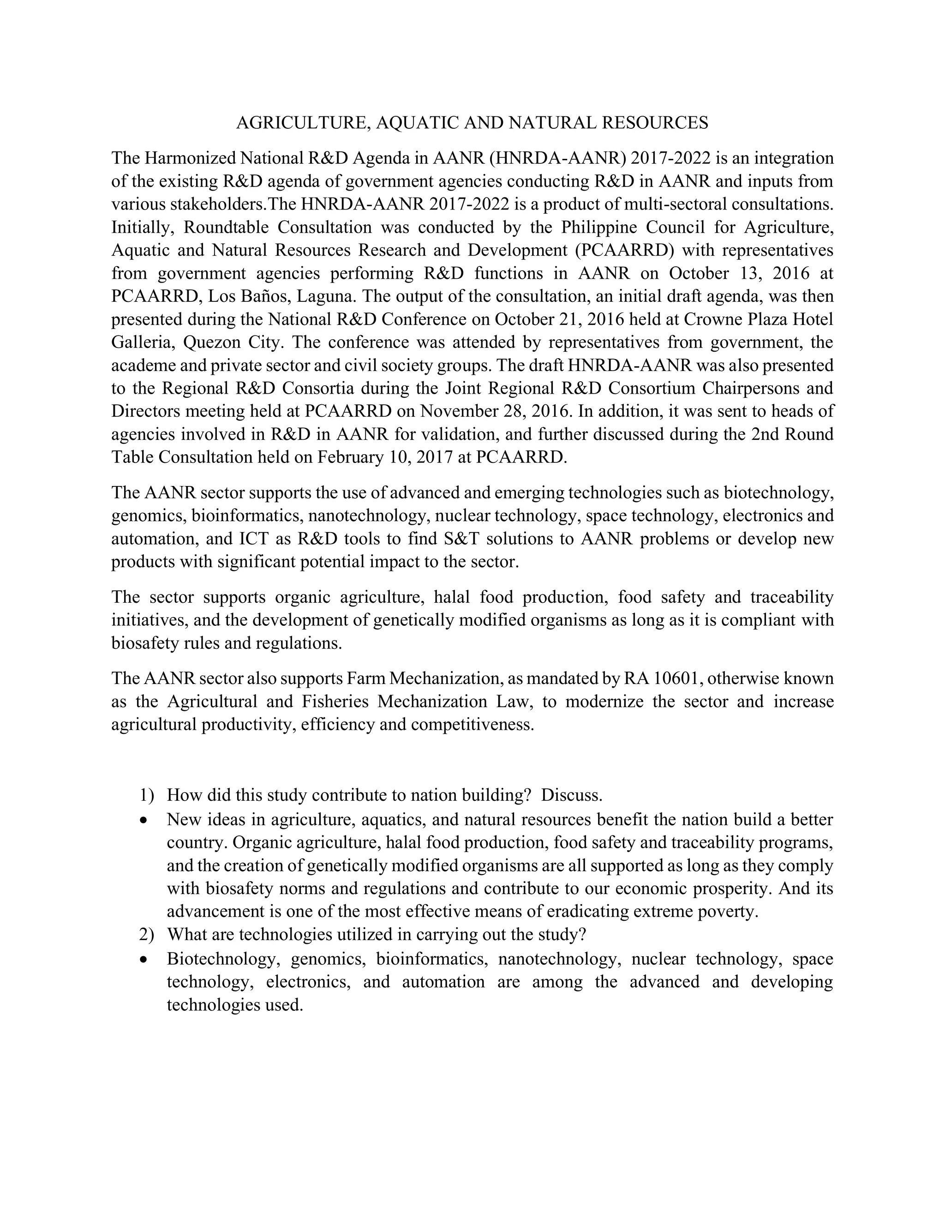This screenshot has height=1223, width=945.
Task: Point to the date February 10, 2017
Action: tap(385, 457)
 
